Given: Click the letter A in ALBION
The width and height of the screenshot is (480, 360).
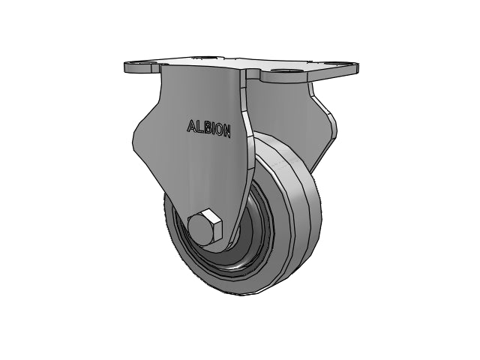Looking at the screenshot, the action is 191,126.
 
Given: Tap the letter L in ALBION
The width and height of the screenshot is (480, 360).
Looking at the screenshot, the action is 200,127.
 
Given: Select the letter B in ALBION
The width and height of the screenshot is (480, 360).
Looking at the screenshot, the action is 207,128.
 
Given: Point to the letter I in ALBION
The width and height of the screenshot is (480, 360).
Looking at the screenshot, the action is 213,129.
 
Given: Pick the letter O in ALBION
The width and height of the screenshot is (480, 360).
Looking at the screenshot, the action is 218,130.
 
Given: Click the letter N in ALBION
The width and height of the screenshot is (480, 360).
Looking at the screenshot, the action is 226,131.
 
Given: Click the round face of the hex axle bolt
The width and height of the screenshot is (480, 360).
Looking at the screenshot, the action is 201,229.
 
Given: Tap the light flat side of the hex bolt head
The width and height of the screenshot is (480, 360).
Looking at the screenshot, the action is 216,225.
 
